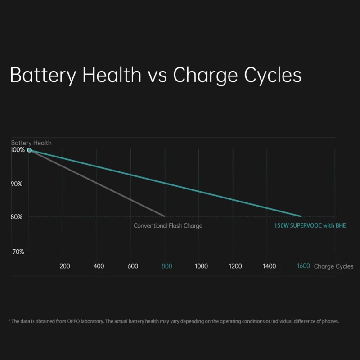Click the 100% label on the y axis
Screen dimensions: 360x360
18,150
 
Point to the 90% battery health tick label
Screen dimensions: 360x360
17,184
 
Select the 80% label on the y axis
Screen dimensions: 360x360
17,217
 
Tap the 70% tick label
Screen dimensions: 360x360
18,252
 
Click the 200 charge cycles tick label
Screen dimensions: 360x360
65,266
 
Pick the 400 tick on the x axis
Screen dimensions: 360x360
99,266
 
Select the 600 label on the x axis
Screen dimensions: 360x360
133,266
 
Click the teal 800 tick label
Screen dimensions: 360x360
167,266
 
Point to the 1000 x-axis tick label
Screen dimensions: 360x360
201,266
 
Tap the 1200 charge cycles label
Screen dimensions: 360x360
235,266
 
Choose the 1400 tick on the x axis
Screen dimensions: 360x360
269,266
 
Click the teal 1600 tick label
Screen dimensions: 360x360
303,266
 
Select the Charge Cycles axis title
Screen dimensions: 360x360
333,266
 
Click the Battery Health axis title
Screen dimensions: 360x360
31,143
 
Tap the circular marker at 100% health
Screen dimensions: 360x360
30,150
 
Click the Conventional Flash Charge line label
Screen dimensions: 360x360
168,226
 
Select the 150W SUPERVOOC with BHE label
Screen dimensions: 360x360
310,226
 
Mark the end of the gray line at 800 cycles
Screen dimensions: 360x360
165,216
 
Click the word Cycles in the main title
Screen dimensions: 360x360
273,75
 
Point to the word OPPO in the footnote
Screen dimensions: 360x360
74,321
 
